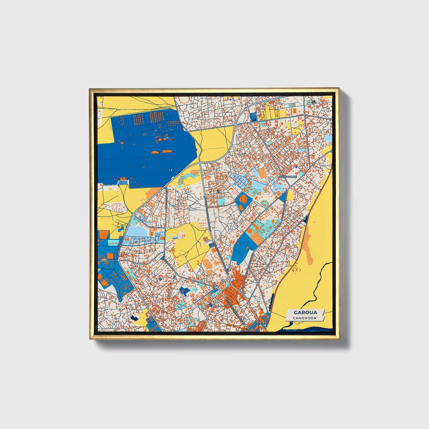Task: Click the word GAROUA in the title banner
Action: [x=305, y=312]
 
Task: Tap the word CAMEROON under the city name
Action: [x=305, y=318]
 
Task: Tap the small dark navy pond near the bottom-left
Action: [x=134, y=318]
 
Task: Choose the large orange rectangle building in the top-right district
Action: [x=294, y=111]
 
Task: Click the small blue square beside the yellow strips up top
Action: [x=254, y=117]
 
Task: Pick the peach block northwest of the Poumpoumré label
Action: [x=262, y=173]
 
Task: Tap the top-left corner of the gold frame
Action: [x=90, y=89]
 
